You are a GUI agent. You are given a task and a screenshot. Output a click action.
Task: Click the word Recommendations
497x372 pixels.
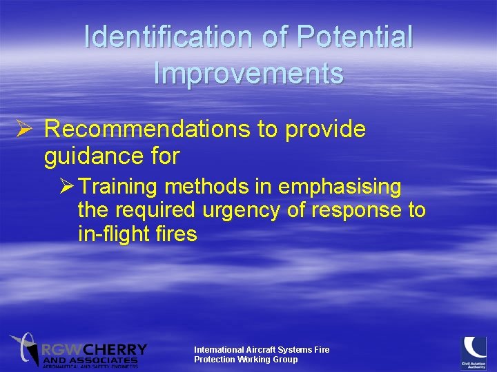click(x=159, y=130)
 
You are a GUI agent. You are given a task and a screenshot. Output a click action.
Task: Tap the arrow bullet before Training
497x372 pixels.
click(x=66, y=187)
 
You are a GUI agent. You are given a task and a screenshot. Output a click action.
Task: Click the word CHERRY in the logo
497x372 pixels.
click(x=116, y=350)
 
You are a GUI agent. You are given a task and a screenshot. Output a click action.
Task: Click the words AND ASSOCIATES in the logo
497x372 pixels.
click(x=90, y=360)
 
